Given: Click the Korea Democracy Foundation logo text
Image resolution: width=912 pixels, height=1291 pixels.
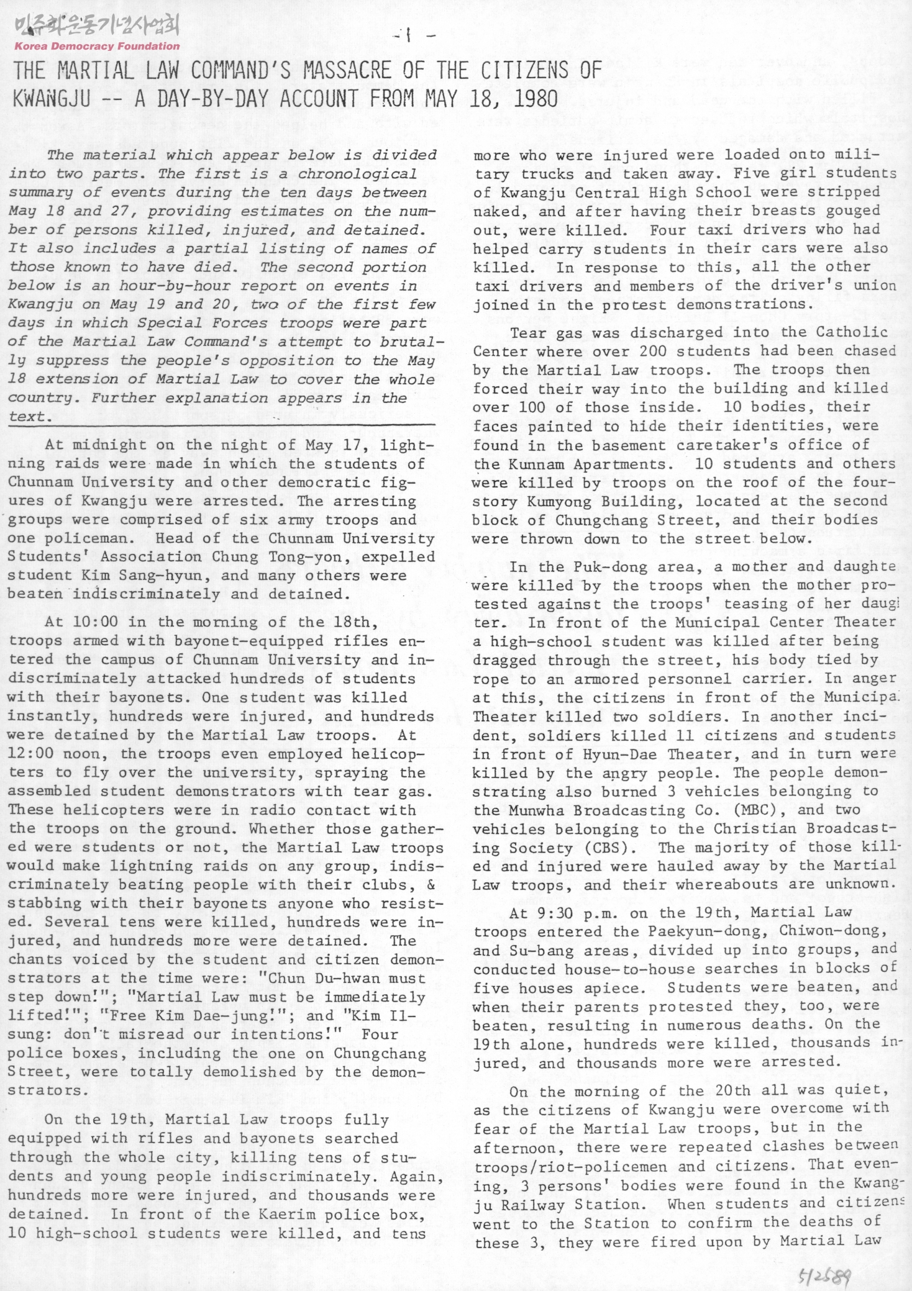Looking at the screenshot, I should pos(97,46).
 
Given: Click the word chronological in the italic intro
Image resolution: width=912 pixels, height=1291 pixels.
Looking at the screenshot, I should pos(353,174).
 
